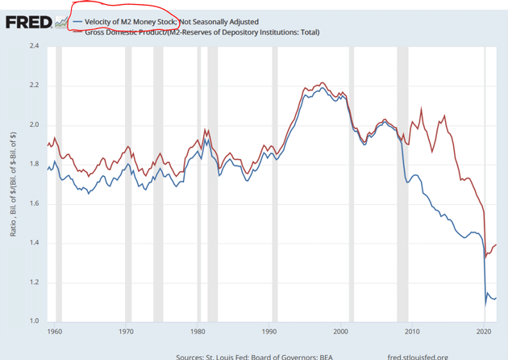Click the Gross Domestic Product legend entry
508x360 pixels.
tap(202, 32)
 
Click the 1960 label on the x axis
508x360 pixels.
tap(55, 332)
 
